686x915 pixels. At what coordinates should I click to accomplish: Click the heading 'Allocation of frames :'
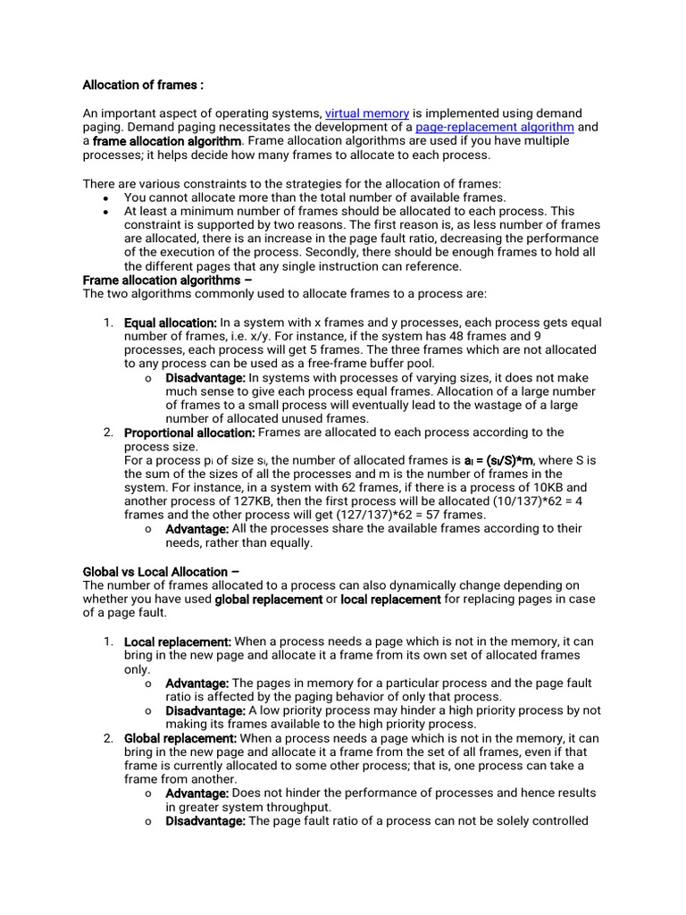(x=143, y=86)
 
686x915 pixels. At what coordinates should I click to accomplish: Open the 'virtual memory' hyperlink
(x=367, y=113)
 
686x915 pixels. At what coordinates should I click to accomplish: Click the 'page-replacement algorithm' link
(x=495, y=128)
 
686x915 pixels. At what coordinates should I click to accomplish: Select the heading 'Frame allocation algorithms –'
(x=167, y=281)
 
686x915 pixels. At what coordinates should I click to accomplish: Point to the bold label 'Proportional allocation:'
(x=189, y=432)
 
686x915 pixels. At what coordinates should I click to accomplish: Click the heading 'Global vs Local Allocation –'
(x=161, y=572)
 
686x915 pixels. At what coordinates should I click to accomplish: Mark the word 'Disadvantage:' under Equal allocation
(x=205, y=378)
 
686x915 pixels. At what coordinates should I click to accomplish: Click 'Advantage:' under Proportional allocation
(x=197, y=529)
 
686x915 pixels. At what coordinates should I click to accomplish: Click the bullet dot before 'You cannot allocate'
(x=105, y=197)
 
